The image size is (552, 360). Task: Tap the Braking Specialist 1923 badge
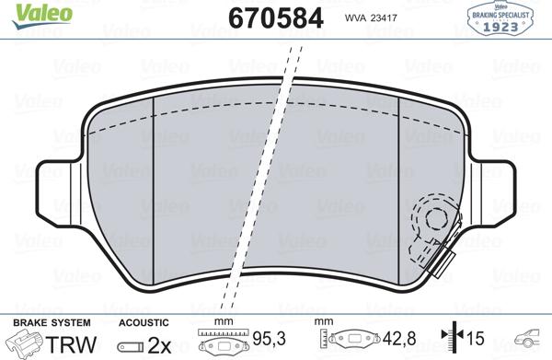[x=504, y=19]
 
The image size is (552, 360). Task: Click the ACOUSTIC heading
[x=144, y=322]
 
